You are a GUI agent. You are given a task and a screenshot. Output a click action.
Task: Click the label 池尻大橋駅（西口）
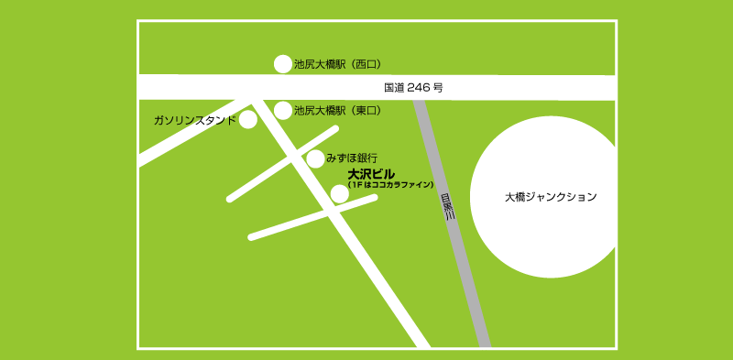[x=337, y=64]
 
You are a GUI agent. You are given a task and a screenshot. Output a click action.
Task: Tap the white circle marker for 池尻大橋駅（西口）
[x=283, y=63]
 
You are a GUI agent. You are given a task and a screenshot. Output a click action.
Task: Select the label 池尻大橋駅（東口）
[x=337, y=110]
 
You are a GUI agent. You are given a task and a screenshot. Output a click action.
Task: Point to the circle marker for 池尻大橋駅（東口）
[x=283, y=110]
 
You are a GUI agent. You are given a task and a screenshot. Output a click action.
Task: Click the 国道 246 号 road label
[x=413, y=88]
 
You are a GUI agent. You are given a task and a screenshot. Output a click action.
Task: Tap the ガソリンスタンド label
[x=194, y=120]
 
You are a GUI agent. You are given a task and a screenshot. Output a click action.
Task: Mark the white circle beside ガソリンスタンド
[x=247, y=120]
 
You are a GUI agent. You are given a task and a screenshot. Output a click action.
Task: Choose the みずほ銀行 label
[x=352, y=158]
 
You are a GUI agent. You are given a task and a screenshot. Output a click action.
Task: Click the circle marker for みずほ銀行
[x=315, y=158]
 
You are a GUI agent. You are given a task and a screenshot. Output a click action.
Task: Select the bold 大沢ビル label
[x=371, y=173]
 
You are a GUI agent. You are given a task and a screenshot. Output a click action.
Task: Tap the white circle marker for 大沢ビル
[x=340, y=192]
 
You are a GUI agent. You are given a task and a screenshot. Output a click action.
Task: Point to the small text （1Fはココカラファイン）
[x=390, y=185]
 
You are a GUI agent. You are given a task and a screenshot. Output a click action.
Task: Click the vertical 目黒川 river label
[x=447, y=209]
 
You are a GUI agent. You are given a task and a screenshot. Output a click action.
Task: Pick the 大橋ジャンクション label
[x=551, y=197]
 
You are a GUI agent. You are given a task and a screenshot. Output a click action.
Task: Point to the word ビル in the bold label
[x=384, y=173]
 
